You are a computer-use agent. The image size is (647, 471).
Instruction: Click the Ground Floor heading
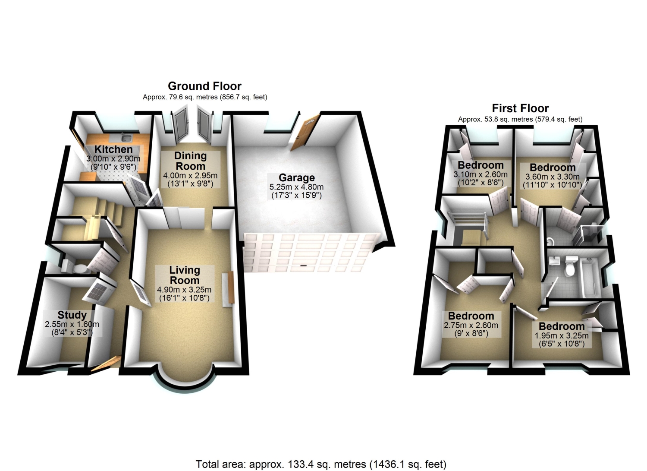tap(204, 86)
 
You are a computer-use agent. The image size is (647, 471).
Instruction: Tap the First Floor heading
tap(520, 108)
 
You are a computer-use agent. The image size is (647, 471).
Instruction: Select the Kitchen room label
tap(113, 149)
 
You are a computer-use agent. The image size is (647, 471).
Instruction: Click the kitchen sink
tap(126, 138)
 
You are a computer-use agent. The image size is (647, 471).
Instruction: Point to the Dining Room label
tap(190, 161)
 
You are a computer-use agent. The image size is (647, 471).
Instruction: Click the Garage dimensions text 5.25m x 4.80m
tap(296, 187)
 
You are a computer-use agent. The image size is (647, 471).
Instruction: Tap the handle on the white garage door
tap(303, 265)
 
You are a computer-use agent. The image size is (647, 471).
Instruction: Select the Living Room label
tap(185, 275)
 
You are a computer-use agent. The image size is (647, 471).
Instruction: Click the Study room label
tap(72, 315)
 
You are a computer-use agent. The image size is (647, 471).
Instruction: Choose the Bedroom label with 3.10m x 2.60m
tap(481, 165)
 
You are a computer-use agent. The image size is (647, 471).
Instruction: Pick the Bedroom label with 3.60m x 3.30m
tap(553, 168)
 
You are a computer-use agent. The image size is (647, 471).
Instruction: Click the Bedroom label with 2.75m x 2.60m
tap(471, 316)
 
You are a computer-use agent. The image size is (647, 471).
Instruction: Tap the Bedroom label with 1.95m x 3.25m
tap(562, 326)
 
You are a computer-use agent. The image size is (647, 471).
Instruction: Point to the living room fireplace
tap(229, 288)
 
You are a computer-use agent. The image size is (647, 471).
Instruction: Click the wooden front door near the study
tap(106, 364)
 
